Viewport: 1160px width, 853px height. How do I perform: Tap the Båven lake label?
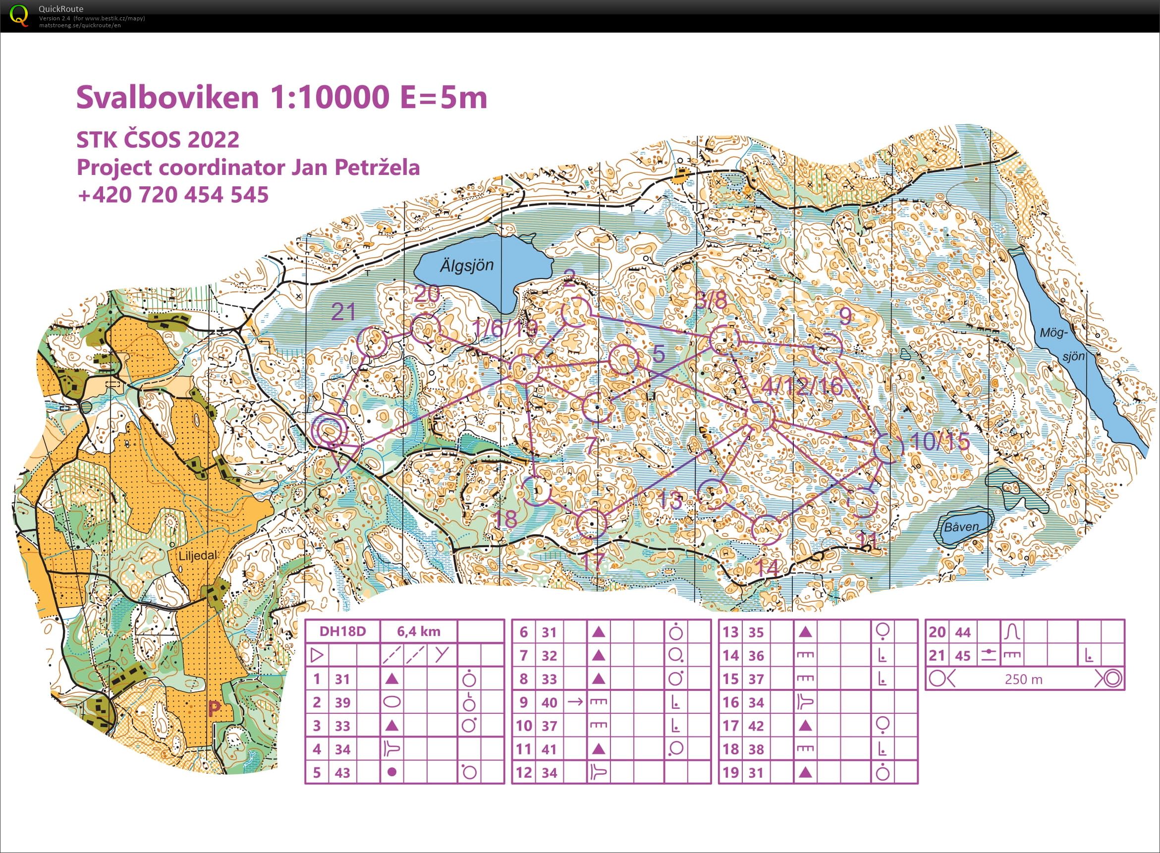[x=961, y=527]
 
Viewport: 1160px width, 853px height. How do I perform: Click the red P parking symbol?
[x=214, y=709]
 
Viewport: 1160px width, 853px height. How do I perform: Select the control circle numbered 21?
[x=372, y=341]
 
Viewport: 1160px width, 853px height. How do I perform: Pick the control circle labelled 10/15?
[x=889, y=448]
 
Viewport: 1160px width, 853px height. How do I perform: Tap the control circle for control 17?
[x=590, y=523]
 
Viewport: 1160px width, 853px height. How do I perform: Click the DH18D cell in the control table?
[x=343, y=631]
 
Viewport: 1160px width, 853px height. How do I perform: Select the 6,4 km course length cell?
[x=419, y=631]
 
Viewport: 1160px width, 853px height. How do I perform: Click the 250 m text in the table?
[x=1023, y=679]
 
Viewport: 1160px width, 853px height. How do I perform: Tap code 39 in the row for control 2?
[x=342, y=702]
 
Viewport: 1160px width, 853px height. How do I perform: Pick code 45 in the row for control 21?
[x=963, y=656]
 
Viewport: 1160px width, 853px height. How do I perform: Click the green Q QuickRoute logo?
[x=20, y=15]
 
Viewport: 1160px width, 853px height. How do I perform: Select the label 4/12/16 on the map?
[x=803, y=387]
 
